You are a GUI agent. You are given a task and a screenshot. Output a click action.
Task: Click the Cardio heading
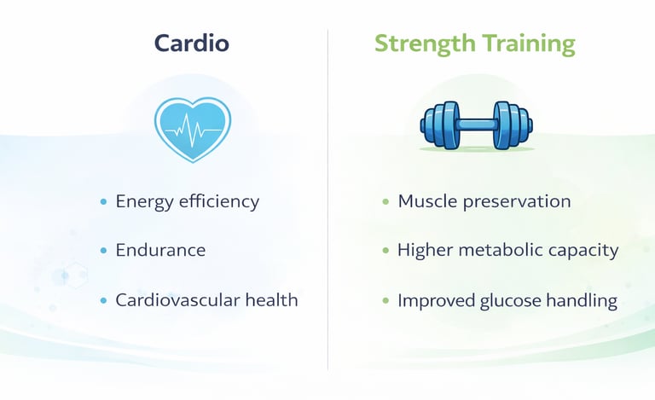point(192,43)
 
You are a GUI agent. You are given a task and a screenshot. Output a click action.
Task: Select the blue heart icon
point(192,129)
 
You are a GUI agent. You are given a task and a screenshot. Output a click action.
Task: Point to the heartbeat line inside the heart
point(192,130)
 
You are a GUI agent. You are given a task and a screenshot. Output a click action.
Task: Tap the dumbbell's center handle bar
point(476,125)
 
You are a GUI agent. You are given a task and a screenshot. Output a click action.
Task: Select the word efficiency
point(219,201)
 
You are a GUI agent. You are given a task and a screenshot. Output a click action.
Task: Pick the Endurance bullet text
point(160,251)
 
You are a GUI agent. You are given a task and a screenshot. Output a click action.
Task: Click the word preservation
point(518,202)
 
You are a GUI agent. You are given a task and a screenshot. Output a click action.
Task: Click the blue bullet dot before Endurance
point(103,251)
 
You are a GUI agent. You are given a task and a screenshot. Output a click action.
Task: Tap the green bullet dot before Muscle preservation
point(385,202)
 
